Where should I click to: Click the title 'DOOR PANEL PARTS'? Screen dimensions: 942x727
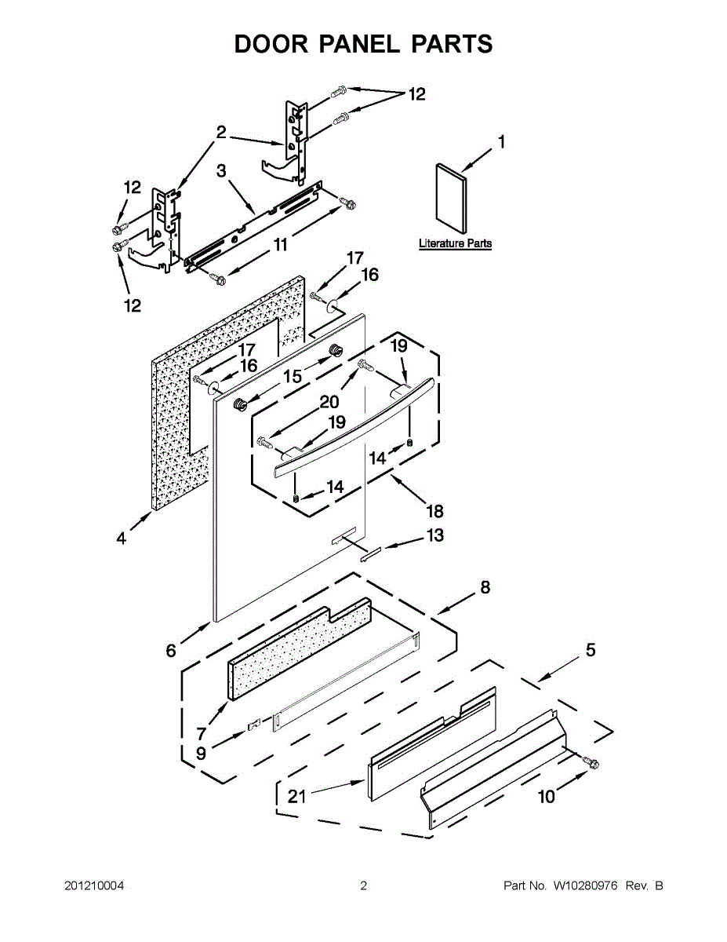pos(363,44)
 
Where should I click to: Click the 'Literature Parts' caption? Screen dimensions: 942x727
pos(455,243)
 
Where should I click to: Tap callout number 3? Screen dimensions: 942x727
pos(222,170)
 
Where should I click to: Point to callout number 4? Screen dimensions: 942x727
pos(121,539)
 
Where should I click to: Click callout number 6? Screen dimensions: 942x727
pos(170,650)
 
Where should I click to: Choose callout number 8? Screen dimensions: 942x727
pos(485,586)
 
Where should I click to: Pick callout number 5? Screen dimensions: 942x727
pos(590,650)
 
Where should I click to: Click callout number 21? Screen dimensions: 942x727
pos(296,797)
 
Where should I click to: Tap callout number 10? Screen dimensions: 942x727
pos(546,797)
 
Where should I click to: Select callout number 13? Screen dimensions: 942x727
pos(434,535)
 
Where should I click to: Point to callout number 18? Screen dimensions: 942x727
pos(434,511)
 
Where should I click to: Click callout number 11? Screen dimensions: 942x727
pos(281,245)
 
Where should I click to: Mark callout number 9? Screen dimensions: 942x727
pos(201,754)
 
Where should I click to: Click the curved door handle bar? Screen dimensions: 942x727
pos(353,428)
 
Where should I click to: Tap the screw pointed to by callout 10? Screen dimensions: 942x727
pos(591,762)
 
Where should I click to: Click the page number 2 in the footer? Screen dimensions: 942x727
pos(363,886)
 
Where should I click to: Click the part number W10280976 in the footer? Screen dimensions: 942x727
pos(586,886)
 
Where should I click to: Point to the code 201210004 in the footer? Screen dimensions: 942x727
pos(94,886)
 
